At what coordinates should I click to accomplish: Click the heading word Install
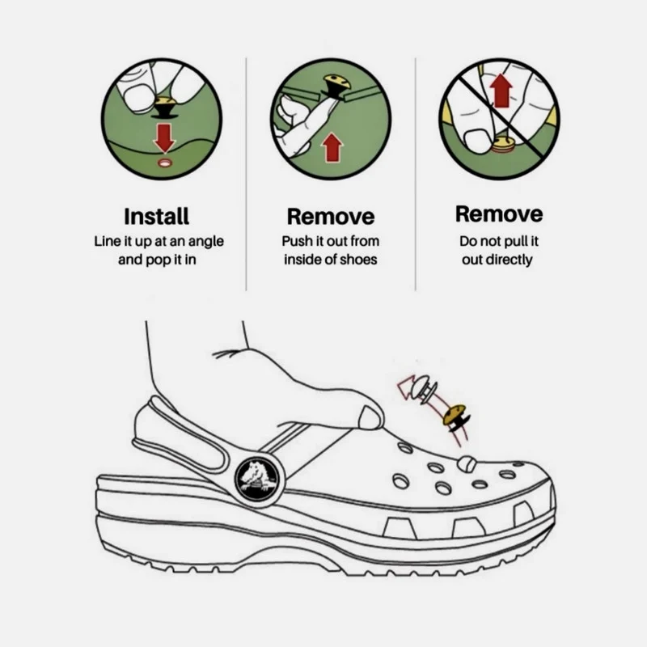[156, 216]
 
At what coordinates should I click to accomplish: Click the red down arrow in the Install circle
[164, 138]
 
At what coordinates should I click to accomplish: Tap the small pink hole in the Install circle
[165, 163]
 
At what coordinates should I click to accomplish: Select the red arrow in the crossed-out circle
[501, 91]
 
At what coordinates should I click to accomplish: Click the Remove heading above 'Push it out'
[331, 216]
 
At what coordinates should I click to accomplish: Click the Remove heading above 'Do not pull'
[499, 214]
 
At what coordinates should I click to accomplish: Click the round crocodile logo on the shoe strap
[256, 479]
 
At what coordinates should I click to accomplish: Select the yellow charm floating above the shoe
[456, 417]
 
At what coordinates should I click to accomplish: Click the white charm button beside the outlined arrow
[424, 389]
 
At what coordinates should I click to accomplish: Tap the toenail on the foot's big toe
[370, 418]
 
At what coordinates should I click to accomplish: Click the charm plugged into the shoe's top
[466, 464]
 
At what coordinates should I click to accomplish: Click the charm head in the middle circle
[336, 80]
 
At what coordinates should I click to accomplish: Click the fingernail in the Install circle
[138, 98]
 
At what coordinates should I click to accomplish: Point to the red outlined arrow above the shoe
[407, 385]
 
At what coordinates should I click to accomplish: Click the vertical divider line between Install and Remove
[247, 174]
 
